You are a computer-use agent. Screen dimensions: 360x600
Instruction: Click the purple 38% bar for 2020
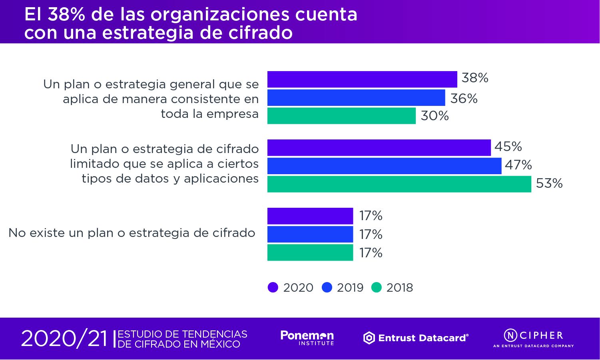pos(362,79)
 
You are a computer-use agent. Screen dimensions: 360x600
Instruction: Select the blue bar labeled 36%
pos(356,97)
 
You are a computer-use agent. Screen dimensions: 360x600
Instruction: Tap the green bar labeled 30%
pos(341,116)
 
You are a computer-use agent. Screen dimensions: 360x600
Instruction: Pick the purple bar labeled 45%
pos(379,147)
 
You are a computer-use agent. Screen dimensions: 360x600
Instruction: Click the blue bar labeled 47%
pos(384,166)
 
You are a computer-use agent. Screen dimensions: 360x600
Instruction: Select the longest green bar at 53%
pos(399,184)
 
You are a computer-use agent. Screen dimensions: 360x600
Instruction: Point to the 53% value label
pos(549,183)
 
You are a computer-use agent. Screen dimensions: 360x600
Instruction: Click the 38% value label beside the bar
pos(475,78)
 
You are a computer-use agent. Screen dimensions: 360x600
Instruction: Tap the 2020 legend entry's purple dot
pos(273,287)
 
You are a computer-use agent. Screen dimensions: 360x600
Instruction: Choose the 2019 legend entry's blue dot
pos(327,287)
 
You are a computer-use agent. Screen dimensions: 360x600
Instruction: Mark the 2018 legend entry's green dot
pos(377,287)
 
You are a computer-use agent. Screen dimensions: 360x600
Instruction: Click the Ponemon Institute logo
pos(307,338)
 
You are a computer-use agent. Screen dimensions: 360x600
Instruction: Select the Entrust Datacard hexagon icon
pos(369,338)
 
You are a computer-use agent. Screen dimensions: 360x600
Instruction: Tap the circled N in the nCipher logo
pos(510,335)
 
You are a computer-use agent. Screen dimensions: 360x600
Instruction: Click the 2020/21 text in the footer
pos(64,339)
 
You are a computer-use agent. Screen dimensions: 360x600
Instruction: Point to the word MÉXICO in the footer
pos(220,344)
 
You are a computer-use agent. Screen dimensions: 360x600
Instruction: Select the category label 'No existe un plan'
pos(132,233)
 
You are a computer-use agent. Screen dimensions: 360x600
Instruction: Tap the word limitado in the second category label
pos(95,164)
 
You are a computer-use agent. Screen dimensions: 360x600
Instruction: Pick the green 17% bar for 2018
pos(310,253)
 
